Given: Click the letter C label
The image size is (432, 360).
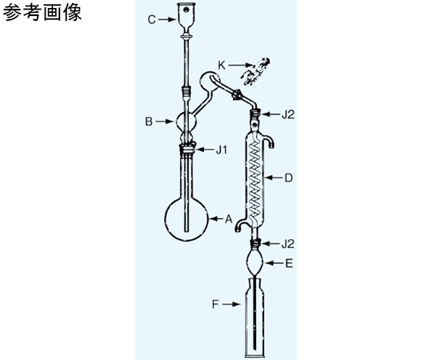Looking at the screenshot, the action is pos(152,20).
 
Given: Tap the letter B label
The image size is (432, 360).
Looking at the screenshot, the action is pos(149,122).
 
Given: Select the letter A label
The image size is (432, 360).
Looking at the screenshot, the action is pos(229,219).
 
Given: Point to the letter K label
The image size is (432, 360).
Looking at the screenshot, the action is pos(222,66).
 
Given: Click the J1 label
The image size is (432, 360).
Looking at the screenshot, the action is pos(222,150).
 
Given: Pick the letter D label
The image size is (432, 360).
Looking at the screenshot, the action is pos(288,178).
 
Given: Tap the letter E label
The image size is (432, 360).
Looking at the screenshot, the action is pos(289,263).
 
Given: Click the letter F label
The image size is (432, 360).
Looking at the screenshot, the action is pos(215,304).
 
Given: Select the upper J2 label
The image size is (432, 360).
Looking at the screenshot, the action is pos(288,114).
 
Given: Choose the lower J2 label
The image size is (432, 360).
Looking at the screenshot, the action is pos(288,244).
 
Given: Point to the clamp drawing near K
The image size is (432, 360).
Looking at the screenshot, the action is pos(256,71).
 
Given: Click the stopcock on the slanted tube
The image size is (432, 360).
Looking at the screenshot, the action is pos(237,94).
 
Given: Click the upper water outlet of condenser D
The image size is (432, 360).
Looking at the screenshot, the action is pos(270,141).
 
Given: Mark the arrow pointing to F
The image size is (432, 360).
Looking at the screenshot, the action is pos(230,304).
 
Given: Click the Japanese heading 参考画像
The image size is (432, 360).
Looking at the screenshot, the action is pos(42,13).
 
